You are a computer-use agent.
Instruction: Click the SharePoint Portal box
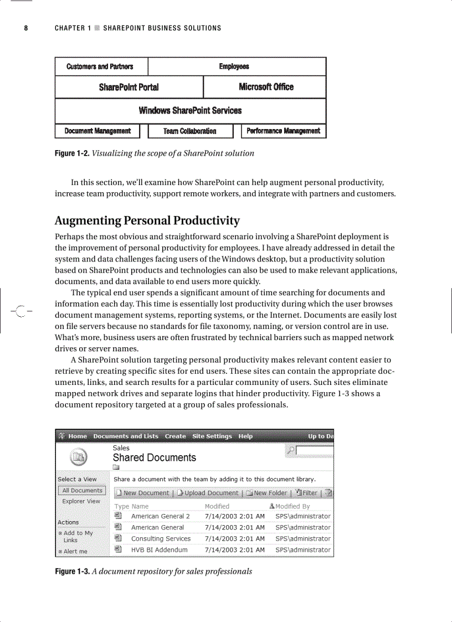(129, 87)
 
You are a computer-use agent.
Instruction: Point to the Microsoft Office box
(266, 87)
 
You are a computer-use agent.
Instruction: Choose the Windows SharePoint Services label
(190, 110)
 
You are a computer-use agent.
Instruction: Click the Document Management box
(97, 131)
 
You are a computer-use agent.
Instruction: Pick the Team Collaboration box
(189, 131)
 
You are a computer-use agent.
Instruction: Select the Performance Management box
(283, 131)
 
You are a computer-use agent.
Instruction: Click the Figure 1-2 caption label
(71, 153)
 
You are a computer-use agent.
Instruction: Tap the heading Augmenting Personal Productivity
(147, 221)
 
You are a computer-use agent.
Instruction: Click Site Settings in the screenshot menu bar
(212, 436)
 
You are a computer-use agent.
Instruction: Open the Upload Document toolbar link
(210, 493)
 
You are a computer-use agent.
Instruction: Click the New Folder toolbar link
(270, 493)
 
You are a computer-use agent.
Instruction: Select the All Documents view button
(82, 491)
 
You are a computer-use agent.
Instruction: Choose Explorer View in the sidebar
(81, 501)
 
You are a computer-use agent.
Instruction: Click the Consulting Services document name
(161, 539)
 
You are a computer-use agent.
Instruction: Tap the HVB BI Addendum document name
(159, 550)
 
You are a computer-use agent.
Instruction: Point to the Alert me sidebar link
(75, 552)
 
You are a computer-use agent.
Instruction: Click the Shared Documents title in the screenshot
(154, 457)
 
